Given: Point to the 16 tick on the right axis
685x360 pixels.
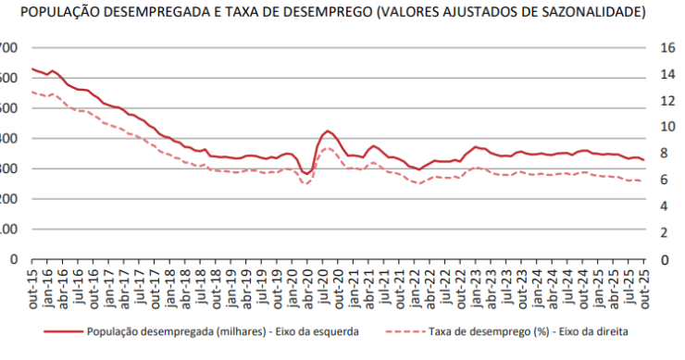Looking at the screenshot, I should pos(666,48).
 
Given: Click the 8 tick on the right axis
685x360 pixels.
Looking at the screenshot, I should pos(664,154).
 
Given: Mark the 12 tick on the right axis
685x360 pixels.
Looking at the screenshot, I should pos(666,101).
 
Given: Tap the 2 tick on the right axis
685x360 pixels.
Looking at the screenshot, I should pos(664,232).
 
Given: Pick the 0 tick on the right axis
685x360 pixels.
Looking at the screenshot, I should pos(664,259).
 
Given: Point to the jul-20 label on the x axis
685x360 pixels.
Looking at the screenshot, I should pos(323,283).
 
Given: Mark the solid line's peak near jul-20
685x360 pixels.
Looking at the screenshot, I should pos(329,131).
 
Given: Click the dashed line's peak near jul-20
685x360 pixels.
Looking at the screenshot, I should pos(329,148).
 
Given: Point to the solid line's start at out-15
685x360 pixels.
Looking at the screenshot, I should pos(32,68).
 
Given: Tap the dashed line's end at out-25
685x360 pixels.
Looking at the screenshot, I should pos(644,180).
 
